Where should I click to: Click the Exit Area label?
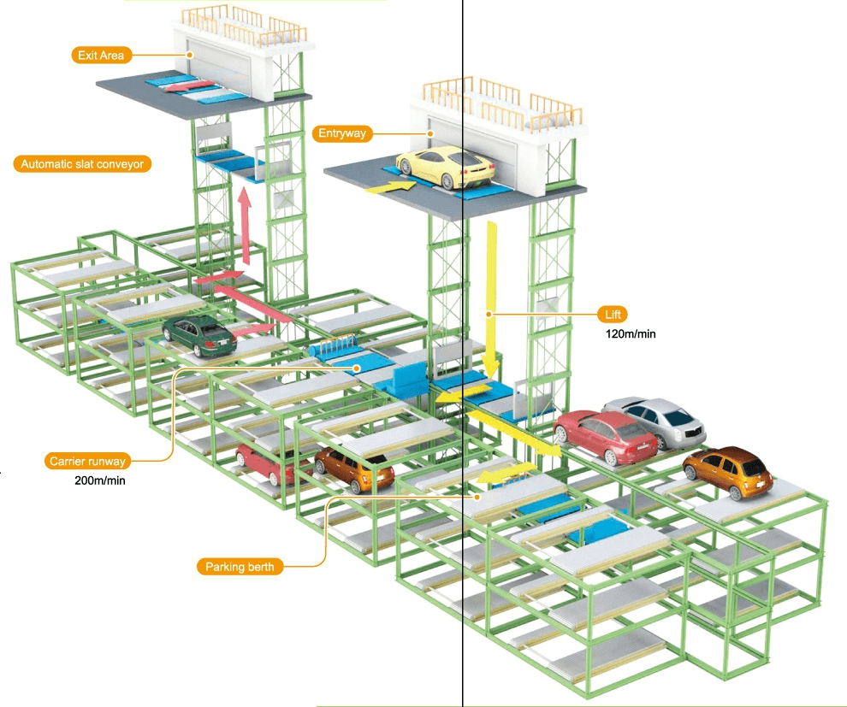click(100, 56)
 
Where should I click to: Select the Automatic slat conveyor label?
click(82, 164)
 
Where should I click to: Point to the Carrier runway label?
click(87, 462)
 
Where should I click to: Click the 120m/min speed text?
click(631, 334)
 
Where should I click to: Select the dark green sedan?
click(198, 335)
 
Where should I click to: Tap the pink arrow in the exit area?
click(189, 86)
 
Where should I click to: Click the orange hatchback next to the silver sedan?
click(729, 472)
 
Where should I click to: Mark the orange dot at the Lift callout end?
click(489, 315)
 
